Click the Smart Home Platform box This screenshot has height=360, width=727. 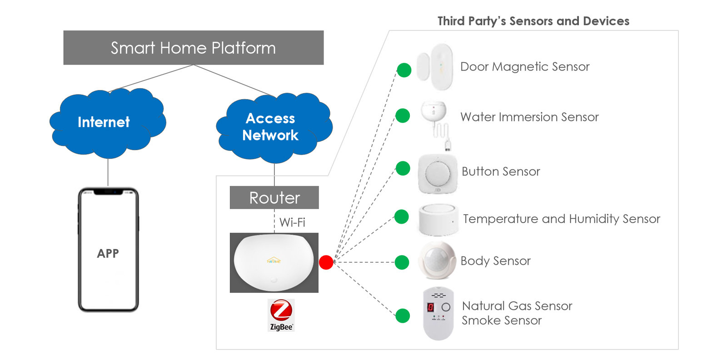193,48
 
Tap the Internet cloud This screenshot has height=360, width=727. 105,122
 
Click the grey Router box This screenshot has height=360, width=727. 274,198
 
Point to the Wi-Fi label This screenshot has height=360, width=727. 292,222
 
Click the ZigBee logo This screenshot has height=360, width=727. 281,315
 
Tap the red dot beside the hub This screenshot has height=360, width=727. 326,262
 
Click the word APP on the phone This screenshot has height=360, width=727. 108,253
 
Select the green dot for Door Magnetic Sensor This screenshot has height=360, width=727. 404,70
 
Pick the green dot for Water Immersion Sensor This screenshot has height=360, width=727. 403,115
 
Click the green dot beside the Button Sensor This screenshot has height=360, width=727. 403,168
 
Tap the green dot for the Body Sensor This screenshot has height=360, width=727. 402,262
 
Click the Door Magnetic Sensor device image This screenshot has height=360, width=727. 436,67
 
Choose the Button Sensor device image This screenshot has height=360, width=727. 438,174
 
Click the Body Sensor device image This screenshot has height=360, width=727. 437,260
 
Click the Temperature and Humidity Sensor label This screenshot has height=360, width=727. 561,219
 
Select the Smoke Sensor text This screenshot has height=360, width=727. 502,320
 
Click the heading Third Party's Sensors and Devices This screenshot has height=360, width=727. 533,21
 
